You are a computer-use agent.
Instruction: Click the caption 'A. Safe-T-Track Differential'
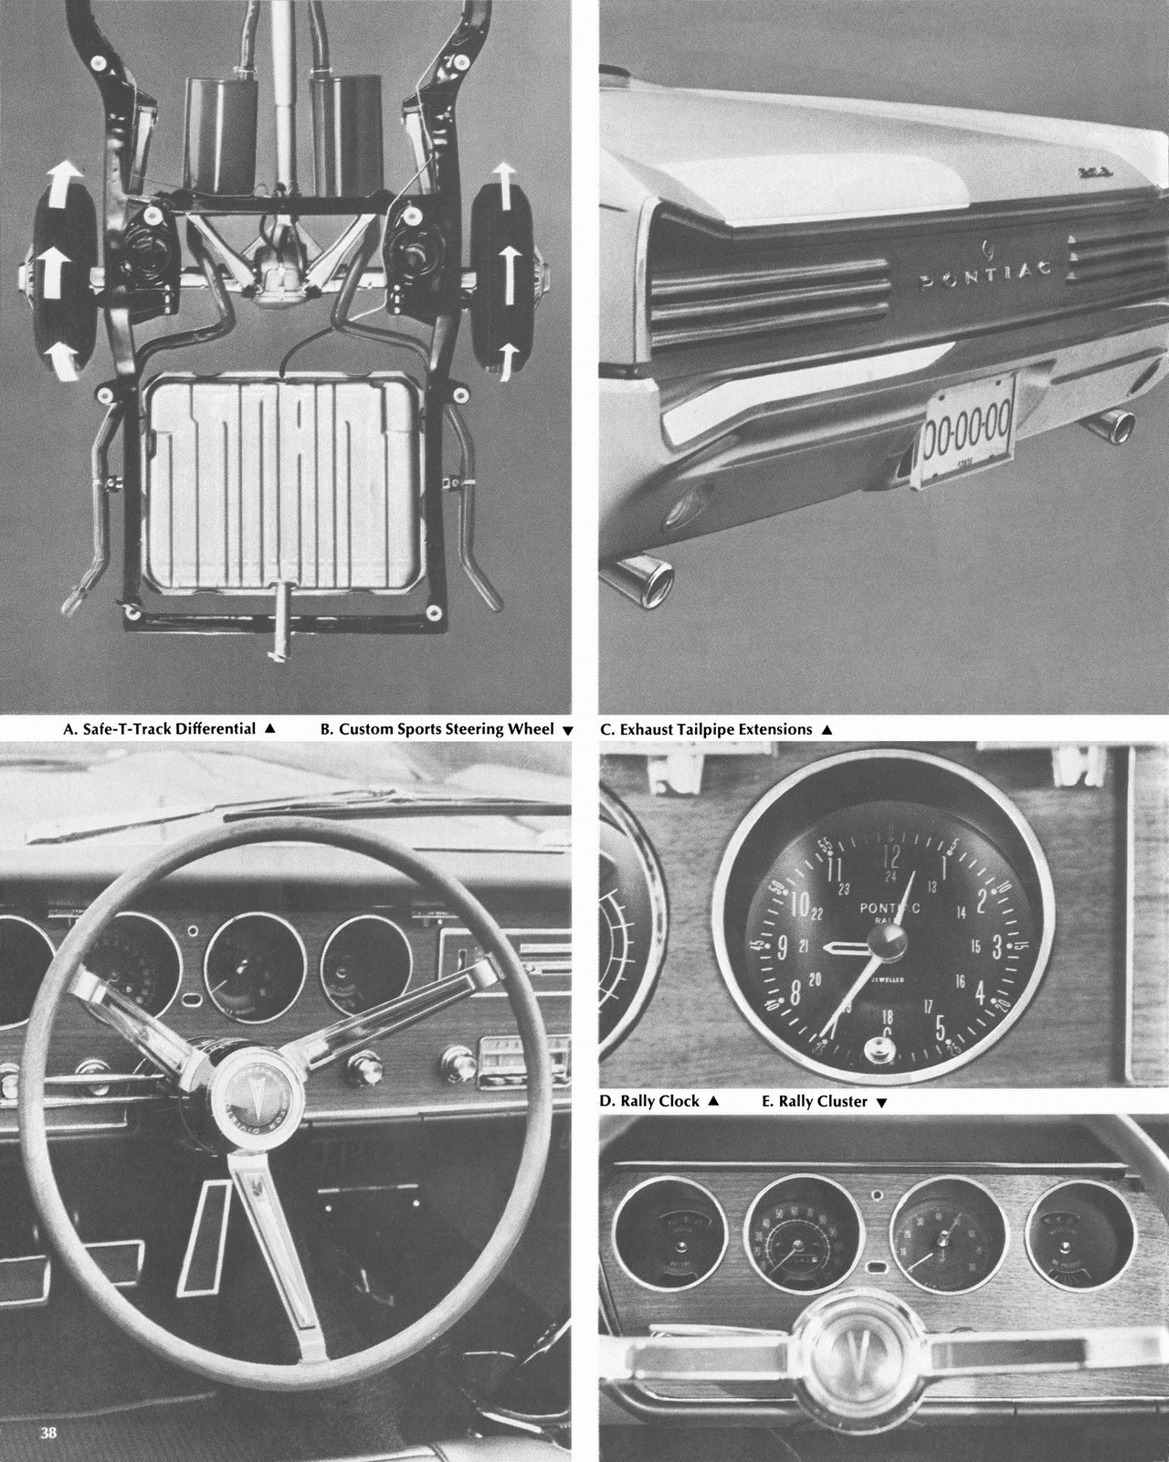(160, 729)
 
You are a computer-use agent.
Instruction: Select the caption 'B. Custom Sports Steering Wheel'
(437, 729)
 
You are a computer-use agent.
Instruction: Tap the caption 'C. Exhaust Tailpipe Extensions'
(706, 729)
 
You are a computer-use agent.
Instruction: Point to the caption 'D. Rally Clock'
(650, 1101)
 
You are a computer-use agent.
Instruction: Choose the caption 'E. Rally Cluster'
(815, 1101)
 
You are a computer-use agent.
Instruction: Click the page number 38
(47, 1433)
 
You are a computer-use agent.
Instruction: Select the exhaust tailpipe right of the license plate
(1113, 424)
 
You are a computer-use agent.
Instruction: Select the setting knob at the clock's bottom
(879, 1054)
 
